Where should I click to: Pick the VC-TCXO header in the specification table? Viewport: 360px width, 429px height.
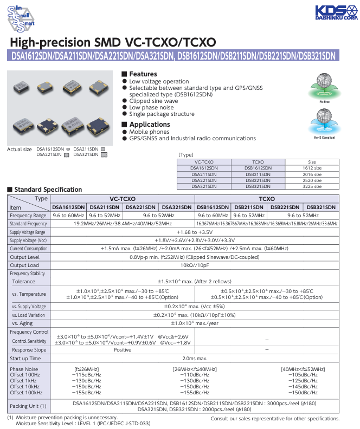[122, 199]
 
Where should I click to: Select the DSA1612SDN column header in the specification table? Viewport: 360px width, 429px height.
[68, 207]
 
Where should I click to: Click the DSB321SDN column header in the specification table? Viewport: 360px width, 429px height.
[321, 207]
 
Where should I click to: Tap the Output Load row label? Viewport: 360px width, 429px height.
[24, 265]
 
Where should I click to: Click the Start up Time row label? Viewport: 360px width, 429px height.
[25, 358]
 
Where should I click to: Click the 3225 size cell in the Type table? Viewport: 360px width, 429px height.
[312, 186]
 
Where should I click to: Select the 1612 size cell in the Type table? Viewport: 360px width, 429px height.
[312, 168]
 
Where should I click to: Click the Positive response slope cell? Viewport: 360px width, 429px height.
[122, 350]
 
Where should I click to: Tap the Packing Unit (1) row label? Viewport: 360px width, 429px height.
[28, 406]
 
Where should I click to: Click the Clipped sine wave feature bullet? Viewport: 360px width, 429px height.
[153, 101]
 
